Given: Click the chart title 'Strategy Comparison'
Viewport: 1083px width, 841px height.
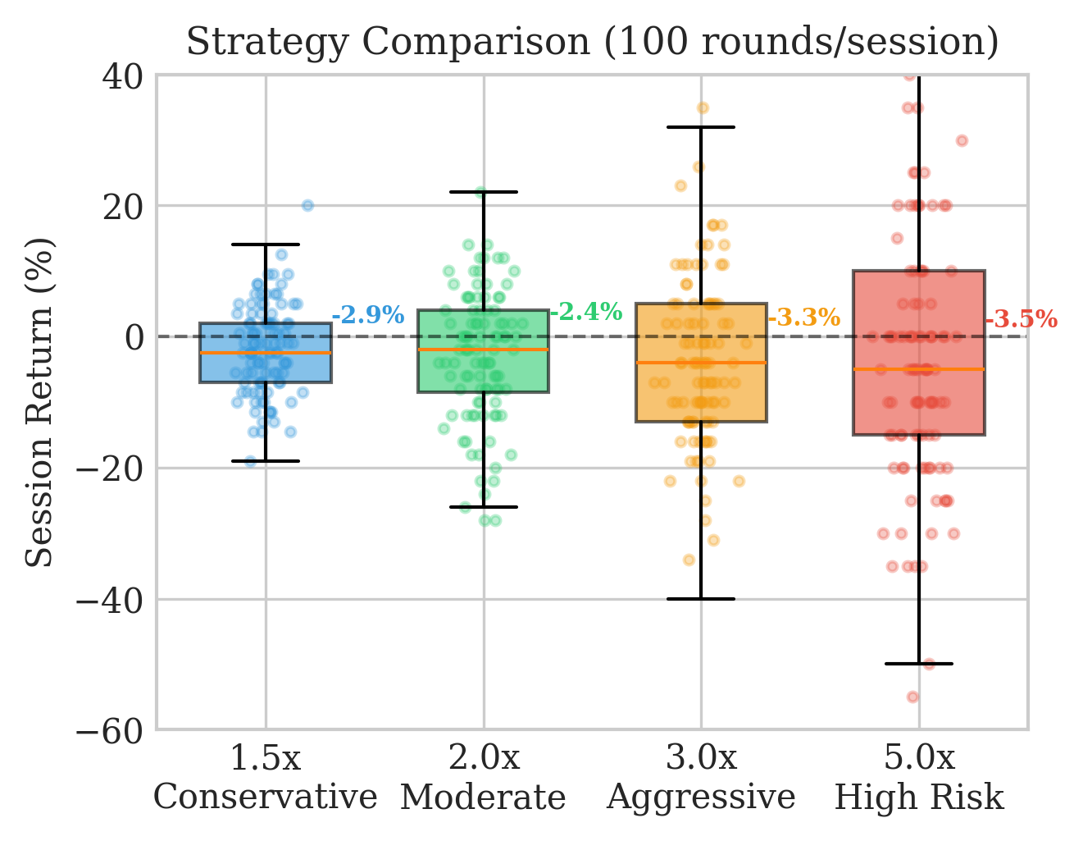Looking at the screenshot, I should tap(592, 42).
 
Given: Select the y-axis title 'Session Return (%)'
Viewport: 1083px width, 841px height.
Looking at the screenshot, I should tap(39, 402).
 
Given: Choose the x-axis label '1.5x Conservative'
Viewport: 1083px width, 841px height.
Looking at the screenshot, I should tap(266, 778).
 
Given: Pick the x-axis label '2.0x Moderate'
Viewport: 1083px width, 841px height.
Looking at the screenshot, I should tap(484, 778).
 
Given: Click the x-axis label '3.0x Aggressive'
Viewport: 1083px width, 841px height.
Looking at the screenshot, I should tap(701, 778).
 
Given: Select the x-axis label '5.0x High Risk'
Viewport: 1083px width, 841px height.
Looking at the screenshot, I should tap(919, 778).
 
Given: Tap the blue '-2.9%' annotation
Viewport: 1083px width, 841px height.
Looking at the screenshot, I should tap(367, 315).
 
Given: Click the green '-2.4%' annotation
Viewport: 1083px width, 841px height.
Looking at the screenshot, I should tap(585, 312).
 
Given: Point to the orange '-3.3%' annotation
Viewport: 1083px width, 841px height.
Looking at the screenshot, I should tap(803, 318).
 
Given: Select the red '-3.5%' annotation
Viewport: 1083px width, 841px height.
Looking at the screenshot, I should tap(1021, 320).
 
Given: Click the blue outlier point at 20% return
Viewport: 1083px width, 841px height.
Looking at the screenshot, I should tap(307, 205).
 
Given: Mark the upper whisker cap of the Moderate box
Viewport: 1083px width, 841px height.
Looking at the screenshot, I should tap(484, 191).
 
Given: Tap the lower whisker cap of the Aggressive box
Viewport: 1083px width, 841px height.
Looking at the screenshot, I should tap(701, 599).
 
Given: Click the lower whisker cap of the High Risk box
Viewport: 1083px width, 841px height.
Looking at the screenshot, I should tap(919, 663).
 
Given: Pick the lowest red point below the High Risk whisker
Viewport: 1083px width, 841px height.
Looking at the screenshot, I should tap(912, 697).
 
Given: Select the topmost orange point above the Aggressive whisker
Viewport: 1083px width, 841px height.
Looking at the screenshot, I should tap(703, 108).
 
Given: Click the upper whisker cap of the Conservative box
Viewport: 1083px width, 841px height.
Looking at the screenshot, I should tap(266, 244).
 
